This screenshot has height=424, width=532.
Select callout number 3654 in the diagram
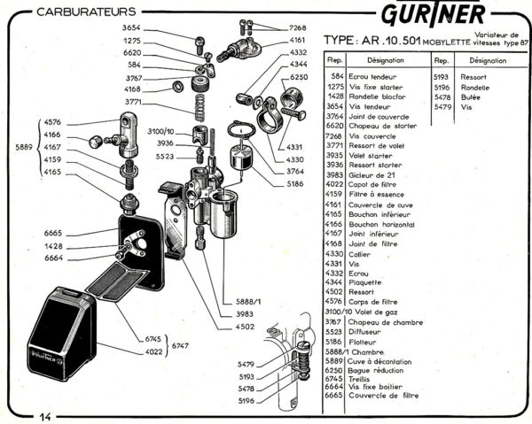click(132, 28)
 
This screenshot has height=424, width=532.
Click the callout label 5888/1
click(240, 302)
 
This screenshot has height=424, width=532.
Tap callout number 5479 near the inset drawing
click(246, 365)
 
